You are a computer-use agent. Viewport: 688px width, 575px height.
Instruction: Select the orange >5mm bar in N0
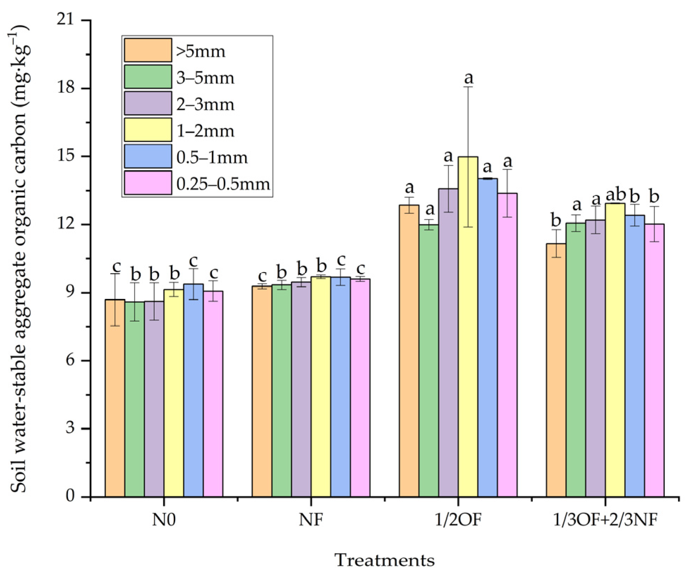click(115, 398)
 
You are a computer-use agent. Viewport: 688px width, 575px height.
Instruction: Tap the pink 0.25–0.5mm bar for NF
click(360, 388)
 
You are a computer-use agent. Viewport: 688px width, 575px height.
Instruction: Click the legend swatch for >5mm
click(148, 50)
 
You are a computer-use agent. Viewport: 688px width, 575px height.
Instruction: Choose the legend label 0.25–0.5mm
click(223, 184)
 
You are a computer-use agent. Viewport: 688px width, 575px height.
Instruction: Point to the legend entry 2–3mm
click(205, 104)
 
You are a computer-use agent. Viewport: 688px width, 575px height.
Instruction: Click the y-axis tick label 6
click(70, 360)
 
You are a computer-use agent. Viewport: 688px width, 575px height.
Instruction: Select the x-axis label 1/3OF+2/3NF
click(605, 519)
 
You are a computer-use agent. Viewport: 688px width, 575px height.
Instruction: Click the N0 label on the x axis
click(164, 519)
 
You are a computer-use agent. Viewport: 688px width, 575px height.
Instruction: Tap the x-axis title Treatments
click(384, 560)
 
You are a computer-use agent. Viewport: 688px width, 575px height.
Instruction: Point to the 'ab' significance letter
click(615, 195)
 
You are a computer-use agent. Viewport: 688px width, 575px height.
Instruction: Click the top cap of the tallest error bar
click(468, 87)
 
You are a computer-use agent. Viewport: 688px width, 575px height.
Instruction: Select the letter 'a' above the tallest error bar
click(468, 77)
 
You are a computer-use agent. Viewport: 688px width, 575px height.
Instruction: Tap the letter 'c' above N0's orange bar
click(116, 267)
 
